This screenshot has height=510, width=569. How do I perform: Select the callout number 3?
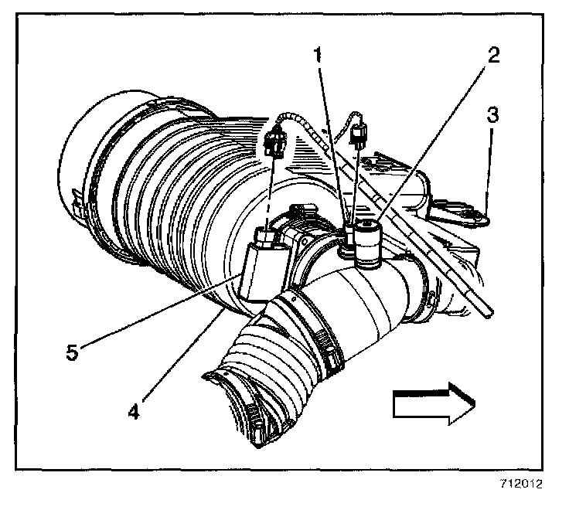tap(492, 117)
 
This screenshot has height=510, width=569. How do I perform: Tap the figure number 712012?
tap(521, 484)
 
